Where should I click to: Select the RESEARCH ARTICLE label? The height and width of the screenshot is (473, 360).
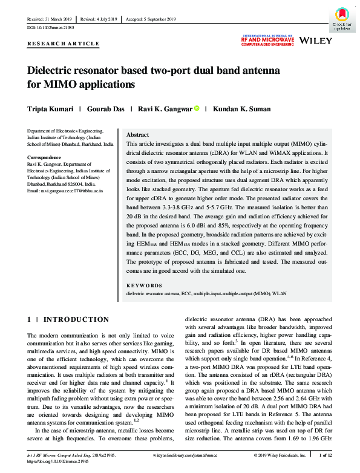point(64,44)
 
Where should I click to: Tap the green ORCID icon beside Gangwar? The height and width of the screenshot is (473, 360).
point(197,109)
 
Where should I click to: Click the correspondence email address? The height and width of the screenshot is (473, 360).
point(65,191)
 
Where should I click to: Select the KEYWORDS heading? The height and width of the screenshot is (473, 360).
point(144,285)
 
